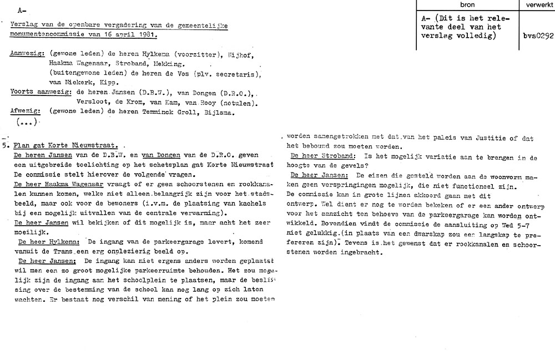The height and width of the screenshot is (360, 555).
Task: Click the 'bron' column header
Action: (467, 4)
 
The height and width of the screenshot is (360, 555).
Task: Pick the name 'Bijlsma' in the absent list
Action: (221, 112)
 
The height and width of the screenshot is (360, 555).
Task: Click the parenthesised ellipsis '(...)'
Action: (27, 121)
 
